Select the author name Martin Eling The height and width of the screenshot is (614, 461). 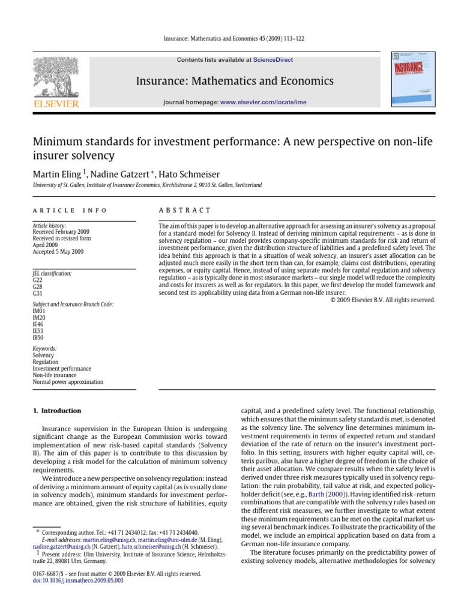click(58, 174)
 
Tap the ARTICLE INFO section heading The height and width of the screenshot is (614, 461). click(70, 210)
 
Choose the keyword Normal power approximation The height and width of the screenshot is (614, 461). click(68, 381)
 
